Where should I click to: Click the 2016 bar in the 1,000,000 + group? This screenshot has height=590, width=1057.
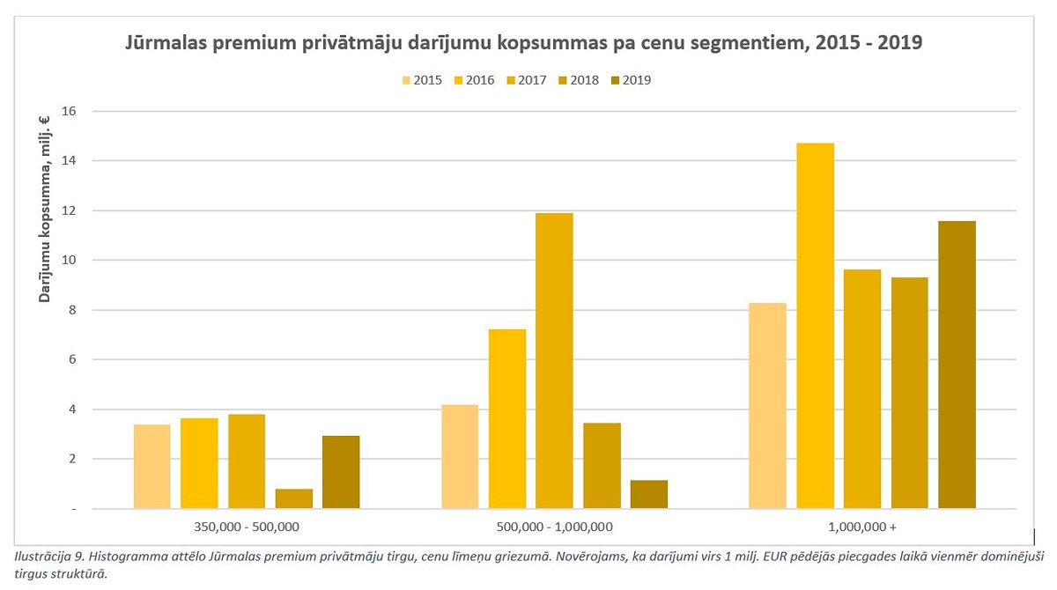815,326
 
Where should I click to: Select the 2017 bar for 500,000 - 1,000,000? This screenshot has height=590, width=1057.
554,361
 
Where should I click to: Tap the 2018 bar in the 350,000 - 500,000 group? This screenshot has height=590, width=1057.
293,498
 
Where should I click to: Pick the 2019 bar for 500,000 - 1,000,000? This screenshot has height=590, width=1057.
649,494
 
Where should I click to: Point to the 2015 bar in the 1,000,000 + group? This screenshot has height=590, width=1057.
767,406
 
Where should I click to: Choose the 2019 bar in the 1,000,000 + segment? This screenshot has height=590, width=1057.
957,365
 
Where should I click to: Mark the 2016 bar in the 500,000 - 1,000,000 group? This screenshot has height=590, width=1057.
507,419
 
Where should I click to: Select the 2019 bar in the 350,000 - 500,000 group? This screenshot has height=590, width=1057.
341,472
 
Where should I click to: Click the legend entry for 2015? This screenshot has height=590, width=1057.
422,80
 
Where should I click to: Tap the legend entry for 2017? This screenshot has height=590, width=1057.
526,80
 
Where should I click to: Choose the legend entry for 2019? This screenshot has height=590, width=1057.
630,80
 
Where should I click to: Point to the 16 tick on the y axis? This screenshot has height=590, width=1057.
70,111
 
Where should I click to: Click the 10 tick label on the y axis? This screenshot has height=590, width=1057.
70,260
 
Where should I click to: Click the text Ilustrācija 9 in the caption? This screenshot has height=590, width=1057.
48,557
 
